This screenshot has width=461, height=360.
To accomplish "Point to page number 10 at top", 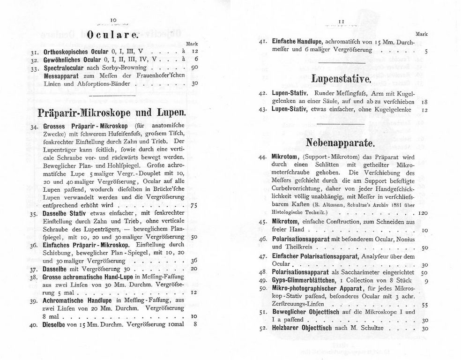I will pyautogui.click(x=113, y=19).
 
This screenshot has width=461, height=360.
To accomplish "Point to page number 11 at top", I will pyautogui.click(x=342, y=21).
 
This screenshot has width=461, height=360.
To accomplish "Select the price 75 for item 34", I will pyautogui.click(x=194, y=206).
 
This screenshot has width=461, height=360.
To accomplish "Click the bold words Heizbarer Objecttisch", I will pyautogui.click(x=303, y=329).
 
